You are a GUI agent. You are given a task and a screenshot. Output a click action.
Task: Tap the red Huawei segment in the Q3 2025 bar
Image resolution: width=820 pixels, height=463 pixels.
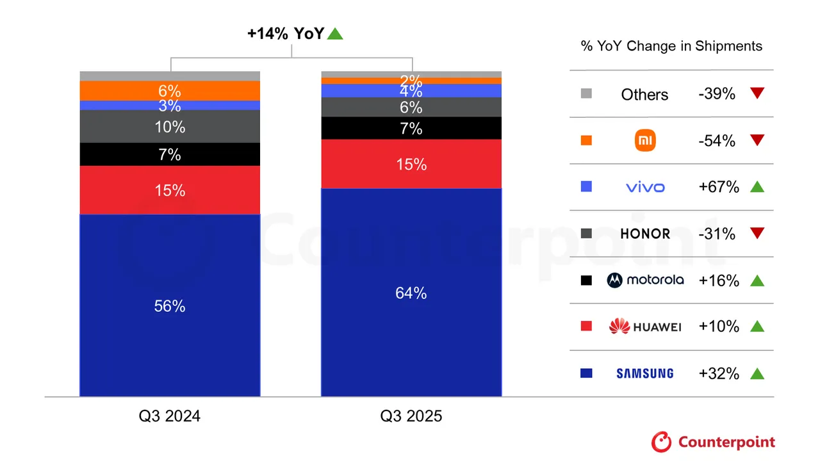click(x=411, y=164)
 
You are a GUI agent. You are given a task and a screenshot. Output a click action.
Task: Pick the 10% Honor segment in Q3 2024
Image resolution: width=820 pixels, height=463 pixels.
click(x=170, y=127)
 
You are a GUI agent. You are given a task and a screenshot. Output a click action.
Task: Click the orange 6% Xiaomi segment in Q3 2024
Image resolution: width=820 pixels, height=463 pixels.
click(x=170, y=90)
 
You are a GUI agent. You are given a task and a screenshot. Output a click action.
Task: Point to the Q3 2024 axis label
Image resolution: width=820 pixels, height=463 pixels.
click(x=170, y=416)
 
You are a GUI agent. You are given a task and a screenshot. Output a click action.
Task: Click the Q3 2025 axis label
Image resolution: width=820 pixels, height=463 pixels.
click(x=411, y=416)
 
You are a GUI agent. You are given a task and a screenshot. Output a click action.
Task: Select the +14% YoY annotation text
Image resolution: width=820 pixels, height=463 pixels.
click(x=286, y=34)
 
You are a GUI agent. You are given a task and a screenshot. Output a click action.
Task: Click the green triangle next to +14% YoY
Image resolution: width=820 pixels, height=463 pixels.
click(x=335, y=33)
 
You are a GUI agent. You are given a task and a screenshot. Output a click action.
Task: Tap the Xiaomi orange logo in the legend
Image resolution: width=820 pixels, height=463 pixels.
click(x=645, y=140)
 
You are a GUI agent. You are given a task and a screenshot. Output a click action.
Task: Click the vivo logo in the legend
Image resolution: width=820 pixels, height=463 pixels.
click(x=645, y=187)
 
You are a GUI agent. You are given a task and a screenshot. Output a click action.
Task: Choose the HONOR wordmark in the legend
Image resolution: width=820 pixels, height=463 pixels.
click(x=645, y=234)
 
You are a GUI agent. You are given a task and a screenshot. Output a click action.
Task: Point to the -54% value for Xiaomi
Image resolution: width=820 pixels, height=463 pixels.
click(x=717, y=141)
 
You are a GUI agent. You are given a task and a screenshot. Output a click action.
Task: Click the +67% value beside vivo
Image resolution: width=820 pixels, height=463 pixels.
click(x=719, y=187)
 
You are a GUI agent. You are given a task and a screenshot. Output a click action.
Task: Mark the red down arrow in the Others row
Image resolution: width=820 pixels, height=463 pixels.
click(x=757, y=93)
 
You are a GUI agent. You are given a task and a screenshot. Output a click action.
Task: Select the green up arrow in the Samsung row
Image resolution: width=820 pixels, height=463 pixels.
click(x=757, y=373)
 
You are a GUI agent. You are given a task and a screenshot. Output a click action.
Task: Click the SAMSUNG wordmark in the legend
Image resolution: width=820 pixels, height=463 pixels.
click(x=645, y=373)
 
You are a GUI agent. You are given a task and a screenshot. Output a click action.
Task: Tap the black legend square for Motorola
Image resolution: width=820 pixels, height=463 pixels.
click(x=586, y=280)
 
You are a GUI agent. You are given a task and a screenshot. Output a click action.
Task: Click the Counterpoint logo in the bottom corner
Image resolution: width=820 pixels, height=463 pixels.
click(x=713, y=442)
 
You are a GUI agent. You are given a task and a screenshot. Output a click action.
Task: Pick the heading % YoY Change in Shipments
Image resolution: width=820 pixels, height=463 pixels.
click(x=671, y=46)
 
